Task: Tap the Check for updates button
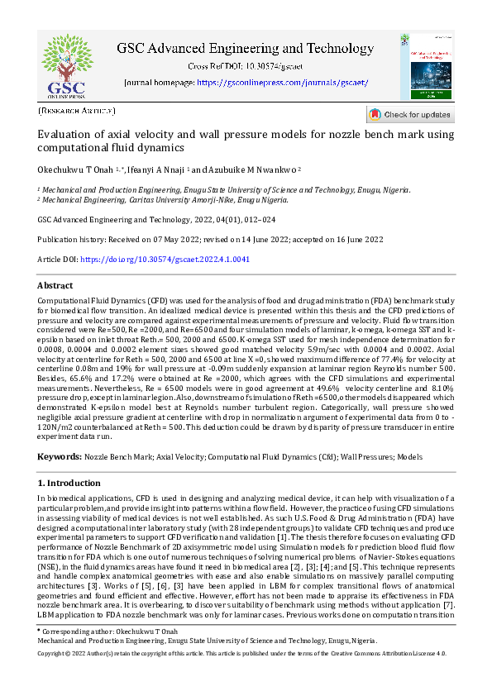410,115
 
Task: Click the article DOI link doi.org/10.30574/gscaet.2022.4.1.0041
165,259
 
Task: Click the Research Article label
77,110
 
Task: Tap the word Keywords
60,456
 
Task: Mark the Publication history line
211,239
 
